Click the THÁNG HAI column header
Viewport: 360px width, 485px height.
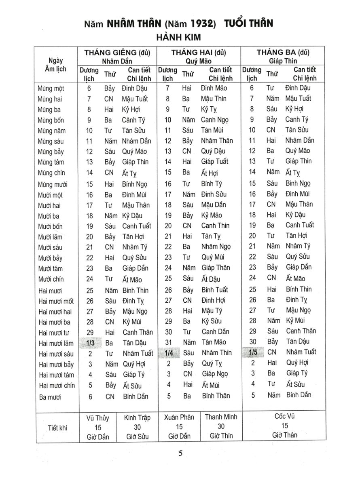(x=199, y=53)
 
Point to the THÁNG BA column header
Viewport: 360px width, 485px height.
(x=283, y=52)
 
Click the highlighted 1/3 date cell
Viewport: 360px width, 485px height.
(x=91, y=343)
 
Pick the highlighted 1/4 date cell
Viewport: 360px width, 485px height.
(x=169, y=353)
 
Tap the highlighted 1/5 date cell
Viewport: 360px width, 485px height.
(x=253, y=352)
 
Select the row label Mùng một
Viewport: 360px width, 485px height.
(x=51, y=89)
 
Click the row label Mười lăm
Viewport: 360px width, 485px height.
(x=51, y=237)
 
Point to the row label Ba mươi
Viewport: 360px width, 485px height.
(x=50, y=397)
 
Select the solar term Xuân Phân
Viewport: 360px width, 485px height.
(x=179, y=417)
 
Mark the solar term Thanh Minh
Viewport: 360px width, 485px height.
(x=221, y=417)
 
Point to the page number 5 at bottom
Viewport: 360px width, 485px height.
(x=180, y=453)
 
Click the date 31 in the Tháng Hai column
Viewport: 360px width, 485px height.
(x=169, y=342)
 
